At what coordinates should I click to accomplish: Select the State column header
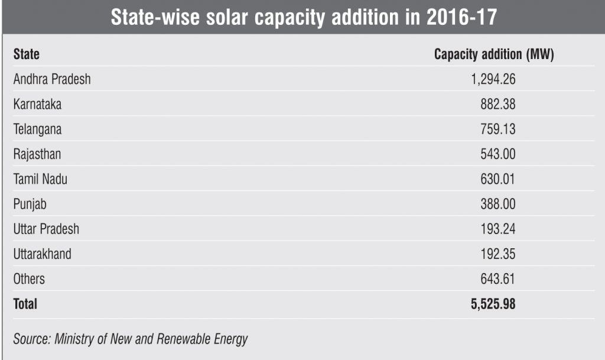coord(27,54)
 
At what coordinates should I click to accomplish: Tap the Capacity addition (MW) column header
coord(493,54)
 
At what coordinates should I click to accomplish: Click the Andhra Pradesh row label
coord(52,79)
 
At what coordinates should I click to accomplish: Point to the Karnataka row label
coord(37,104)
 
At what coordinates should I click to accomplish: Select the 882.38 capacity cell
coord(497,104)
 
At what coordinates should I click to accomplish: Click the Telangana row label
coord(37,129)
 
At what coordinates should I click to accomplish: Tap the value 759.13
coord(497,129)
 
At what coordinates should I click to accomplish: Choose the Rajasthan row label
coord(37,154)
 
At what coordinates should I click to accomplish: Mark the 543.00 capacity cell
coord(497,154)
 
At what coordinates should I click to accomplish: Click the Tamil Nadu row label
coord(40,179)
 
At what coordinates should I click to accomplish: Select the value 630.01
coord(497,179)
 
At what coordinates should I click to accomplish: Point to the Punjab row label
coord(30,204)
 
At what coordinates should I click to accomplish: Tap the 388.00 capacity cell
coord(497,204)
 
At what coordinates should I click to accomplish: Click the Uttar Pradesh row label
coord(46,229)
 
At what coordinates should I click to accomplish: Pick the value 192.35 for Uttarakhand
coord(497,254)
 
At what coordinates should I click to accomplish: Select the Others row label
coord(29,279)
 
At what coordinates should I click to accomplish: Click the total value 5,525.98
coord(493,304)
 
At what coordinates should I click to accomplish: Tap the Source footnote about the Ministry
coord(131,339)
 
